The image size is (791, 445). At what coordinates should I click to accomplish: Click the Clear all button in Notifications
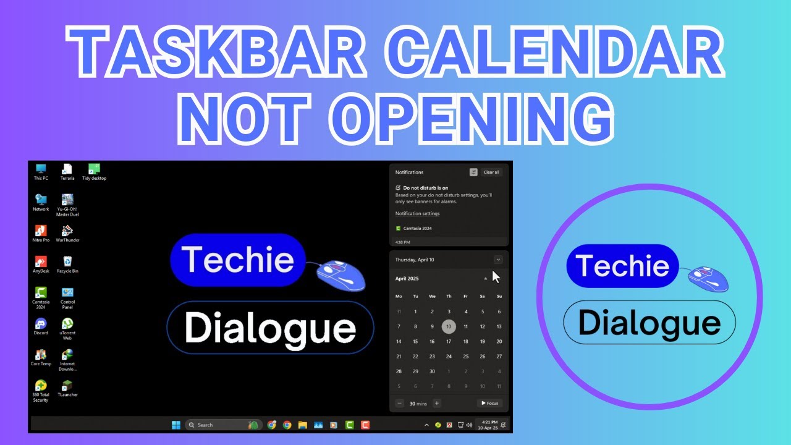coord(491,172)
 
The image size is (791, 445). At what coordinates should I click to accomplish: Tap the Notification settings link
coord(418,214)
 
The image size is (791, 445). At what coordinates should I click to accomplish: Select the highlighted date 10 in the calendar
coord(449,326)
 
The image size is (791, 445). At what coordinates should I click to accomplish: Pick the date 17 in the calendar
coord(449,341)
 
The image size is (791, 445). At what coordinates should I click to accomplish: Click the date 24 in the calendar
coord(449,356)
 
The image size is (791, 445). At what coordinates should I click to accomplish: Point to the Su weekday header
coord(499,296)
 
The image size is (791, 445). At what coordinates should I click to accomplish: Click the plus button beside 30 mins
coord(437,404)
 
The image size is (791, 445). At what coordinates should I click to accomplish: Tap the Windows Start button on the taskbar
coord(176,425)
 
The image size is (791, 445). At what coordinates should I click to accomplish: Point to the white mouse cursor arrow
coord(496,276)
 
